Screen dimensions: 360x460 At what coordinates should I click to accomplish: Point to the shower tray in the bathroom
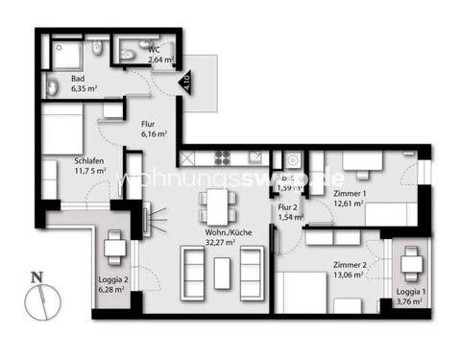coord(63,53)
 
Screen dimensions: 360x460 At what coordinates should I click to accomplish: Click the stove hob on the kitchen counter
coord(221,156)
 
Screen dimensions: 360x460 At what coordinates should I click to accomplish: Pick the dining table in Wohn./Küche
coord(218,203)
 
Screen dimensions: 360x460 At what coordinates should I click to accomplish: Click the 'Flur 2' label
coord(286,206)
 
